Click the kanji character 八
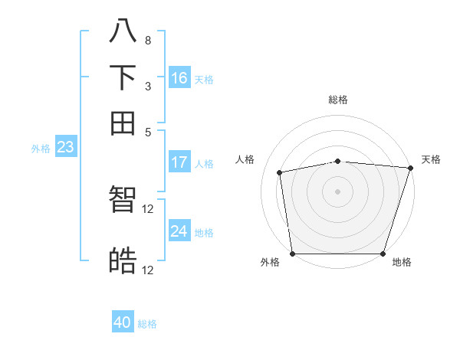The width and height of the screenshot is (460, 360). (123, 31)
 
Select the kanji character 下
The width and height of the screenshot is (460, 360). (123, 77)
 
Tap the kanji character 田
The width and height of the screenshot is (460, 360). (123, 123)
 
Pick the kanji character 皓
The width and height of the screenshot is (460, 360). (123, 261)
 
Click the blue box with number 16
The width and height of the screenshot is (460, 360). (179, 78)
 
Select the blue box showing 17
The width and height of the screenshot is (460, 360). (179, 162)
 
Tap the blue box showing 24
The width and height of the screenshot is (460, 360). (179, 231)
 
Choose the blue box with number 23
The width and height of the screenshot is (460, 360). (65, 147)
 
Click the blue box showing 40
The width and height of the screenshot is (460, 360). (123, 322)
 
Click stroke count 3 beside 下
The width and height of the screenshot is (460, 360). (147, 87)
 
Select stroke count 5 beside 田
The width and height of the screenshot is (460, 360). (147, 132)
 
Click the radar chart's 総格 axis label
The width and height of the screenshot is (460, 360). (338, 100)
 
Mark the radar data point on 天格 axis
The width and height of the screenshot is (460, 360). (410, 169)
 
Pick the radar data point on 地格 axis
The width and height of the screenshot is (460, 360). (383, 254)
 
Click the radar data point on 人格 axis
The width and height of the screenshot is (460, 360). (280, 172)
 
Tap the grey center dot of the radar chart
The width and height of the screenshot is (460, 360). (338, 191)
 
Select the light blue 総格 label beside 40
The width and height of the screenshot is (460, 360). (147, 324)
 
